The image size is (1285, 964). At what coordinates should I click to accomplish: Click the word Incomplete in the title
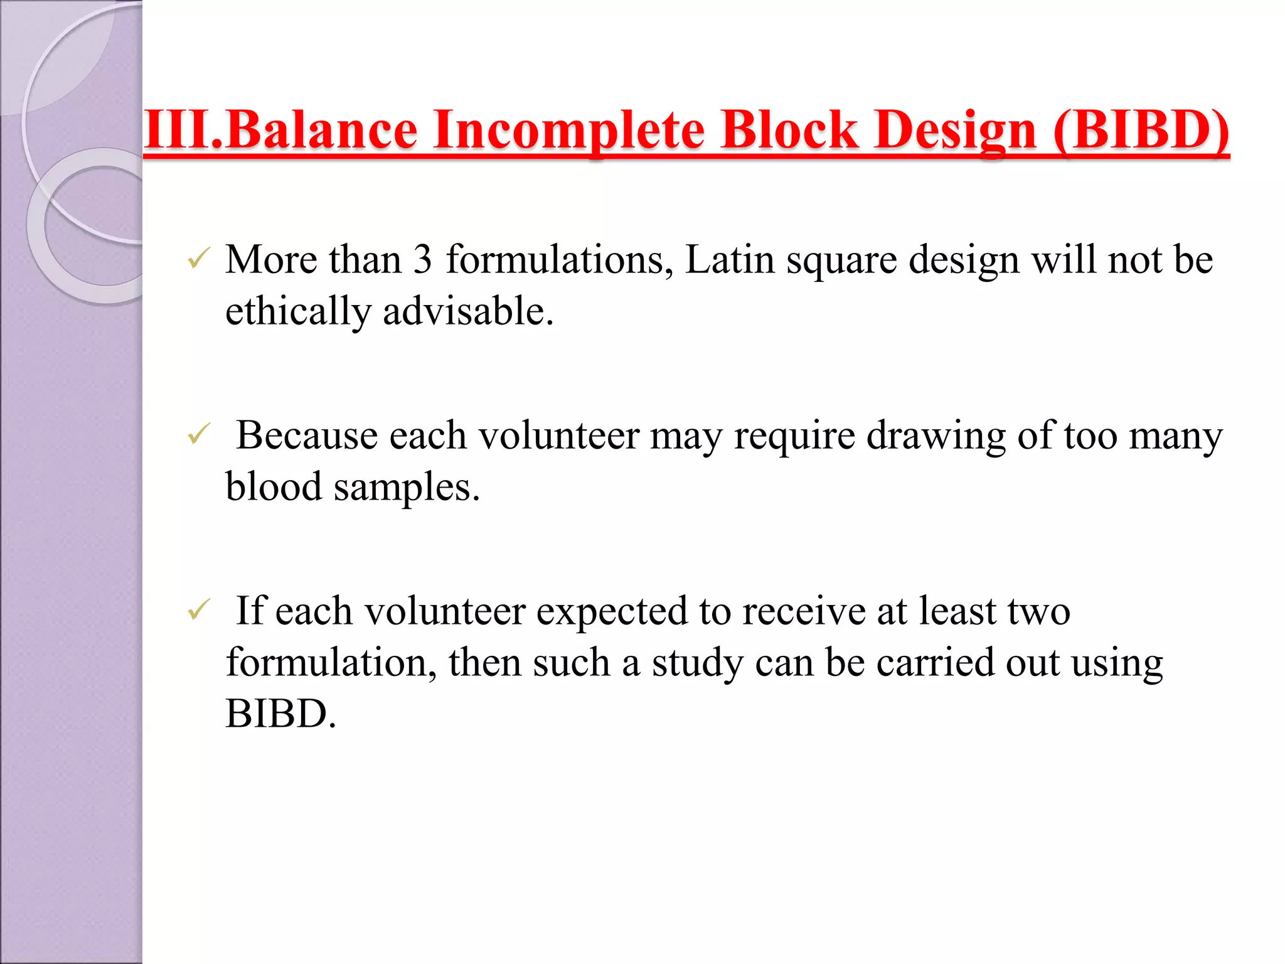(568, 131)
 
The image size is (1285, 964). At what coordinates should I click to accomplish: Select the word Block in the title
(789, 131)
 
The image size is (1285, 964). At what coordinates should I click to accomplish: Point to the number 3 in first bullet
(422, 259)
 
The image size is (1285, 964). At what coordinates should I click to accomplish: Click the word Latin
(730, 259)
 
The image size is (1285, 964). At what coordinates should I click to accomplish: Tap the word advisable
(468, 311)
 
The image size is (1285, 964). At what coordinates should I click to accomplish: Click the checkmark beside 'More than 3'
(198, 259)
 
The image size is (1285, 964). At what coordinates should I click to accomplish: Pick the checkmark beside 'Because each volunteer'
(198, 434)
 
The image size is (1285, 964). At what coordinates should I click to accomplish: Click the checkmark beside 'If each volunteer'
(198, 610)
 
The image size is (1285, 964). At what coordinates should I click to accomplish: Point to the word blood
(274, 486)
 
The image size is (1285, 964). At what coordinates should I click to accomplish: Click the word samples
(407, 488)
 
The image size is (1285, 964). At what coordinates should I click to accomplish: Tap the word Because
(307, 435)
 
